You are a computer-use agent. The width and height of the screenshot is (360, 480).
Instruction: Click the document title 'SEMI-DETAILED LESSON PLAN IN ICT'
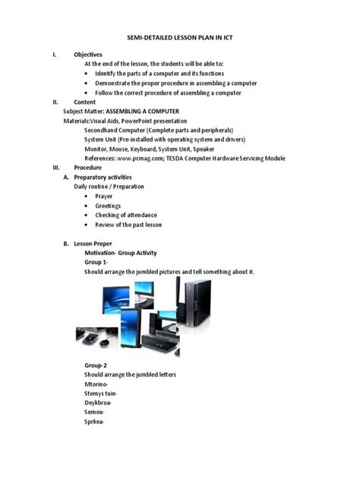click(x=179, y=36)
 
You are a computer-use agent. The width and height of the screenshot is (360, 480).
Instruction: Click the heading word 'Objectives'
click(x=88, y=55)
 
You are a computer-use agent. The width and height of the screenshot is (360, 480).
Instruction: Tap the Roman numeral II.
click(x=55, y=102)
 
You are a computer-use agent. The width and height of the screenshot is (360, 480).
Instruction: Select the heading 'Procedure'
click(x=88, y=167)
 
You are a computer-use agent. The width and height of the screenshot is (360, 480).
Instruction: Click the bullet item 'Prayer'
click(x=103, y=196)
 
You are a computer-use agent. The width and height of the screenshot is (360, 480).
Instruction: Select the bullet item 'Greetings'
click(x=108, y=205)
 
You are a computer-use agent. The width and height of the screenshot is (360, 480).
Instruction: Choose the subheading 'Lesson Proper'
click(x=93, y=243)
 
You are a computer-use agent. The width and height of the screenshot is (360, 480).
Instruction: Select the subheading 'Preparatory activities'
click(x=109, y=176)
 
